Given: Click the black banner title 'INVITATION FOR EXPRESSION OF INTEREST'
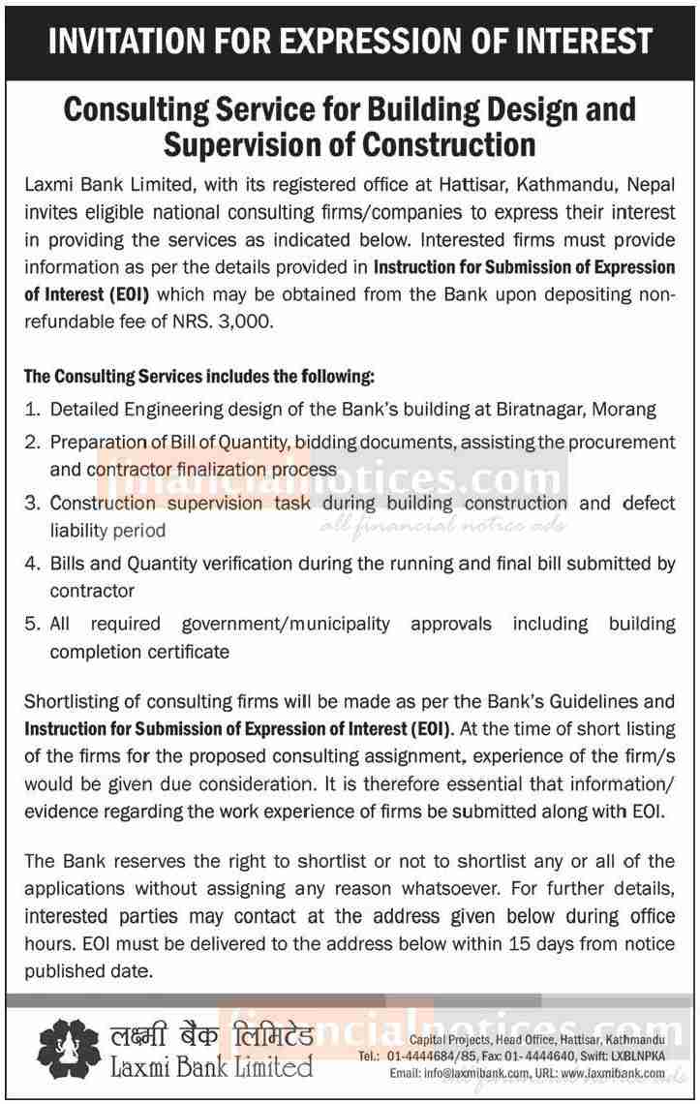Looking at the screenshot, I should point(350,41).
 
